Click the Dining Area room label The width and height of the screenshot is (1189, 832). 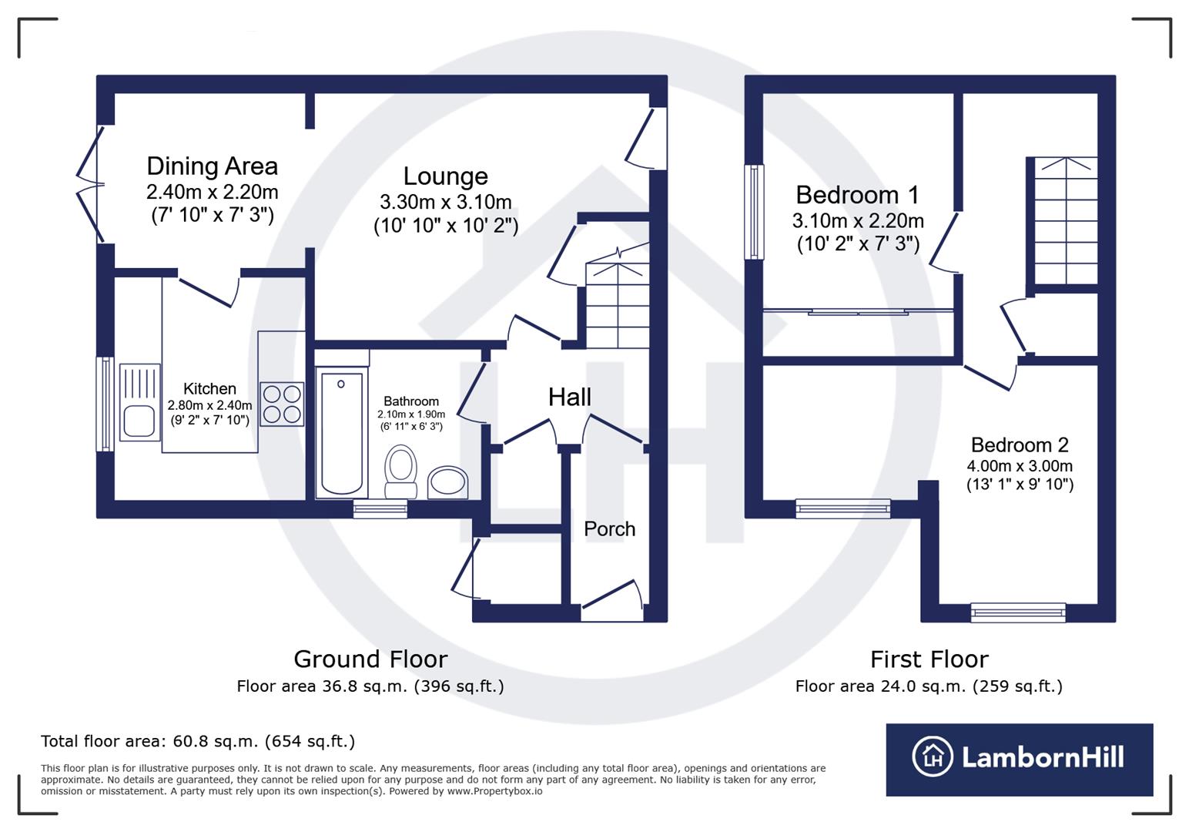pos(212,166)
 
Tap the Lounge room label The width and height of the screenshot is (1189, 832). pos(445,176)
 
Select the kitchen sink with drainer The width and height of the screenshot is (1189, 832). pos(139,402)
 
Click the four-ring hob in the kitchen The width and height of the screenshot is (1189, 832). pos(281,404)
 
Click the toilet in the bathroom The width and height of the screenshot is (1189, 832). pos(400,471)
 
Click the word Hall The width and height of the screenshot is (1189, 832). pos(569,398)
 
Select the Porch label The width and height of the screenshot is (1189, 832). pos(609,529)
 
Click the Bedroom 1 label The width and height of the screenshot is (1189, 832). pos(857,195)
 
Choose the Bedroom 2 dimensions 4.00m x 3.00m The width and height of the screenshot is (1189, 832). pos(1020,466)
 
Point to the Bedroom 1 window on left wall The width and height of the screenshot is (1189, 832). pos(755,212)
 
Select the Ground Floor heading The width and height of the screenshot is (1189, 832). pos(370,659)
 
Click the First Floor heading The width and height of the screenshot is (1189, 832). pos(929,659)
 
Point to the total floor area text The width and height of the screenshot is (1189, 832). pos(198,742)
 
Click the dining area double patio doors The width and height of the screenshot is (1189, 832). pos(91,186)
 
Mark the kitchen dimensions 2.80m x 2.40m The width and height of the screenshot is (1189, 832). pos(209,405)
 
